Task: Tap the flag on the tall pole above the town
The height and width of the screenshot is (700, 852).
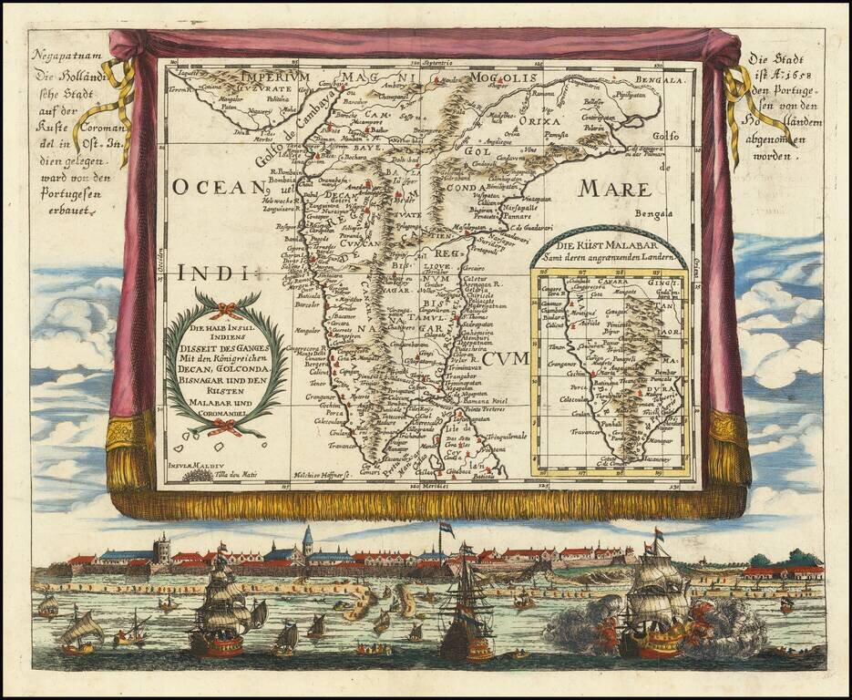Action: (446, 528)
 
